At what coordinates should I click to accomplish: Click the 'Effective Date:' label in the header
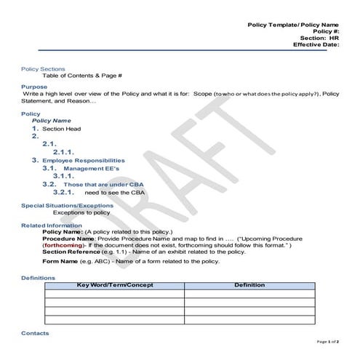click(x=316, y=44)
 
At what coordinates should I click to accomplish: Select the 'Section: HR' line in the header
click(x=319, y=37)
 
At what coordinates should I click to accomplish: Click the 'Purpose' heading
click(x=34, y=87)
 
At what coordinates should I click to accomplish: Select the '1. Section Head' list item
click(x=58, y=128)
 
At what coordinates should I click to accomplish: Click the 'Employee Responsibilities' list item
click(x=83, y=160)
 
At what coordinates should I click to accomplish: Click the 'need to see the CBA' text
click(x=114, y=193)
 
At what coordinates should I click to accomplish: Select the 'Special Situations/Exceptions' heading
click(x=68, y=206)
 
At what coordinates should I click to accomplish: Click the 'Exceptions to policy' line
click(x=81, y=213)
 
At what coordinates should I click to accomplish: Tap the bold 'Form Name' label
click(x=60, y=260)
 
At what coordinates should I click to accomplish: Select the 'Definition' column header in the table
click(x=249, y=285)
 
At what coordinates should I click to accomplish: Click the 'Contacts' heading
click(x=36, y=333)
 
